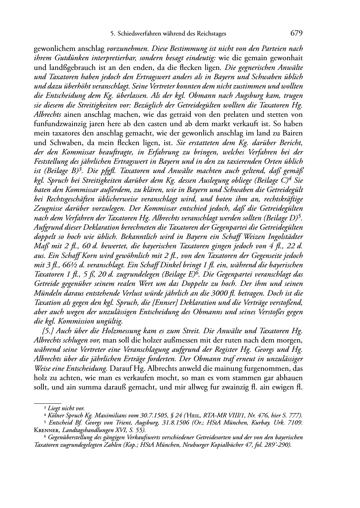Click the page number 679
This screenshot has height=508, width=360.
pos(297,33)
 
